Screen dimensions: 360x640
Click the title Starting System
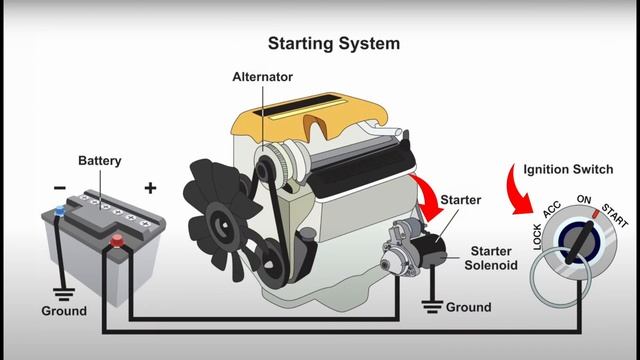click(333, 44)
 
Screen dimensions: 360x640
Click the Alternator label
click(262, 77)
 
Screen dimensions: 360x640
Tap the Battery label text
click(101, 160)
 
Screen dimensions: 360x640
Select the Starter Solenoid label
click(492, 258)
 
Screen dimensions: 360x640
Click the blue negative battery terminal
click(60, 211)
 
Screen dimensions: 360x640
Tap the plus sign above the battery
click(151, 188)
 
